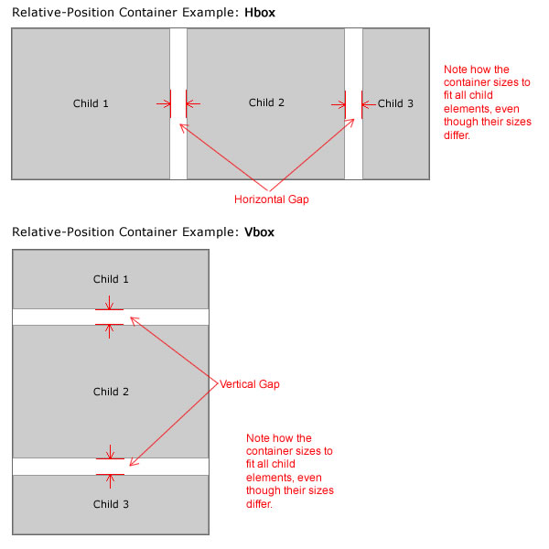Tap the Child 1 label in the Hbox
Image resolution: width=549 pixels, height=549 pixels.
pos(91,103)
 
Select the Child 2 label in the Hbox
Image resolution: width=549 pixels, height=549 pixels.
pos(266,102)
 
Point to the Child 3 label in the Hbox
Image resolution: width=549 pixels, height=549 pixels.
pos(395,103)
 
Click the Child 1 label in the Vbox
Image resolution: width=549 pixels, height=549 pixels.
pos(111,279)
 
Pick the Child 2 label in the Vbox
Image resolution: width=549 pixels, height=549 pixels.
pos(111,392)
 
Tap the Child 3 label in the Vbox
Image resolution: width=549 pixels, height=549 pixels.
pos(111,504)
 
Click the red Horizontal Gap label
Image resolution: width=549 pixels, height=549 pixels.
pos(272,199)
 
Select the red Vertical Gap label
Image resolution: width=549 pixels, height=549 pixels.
pos(250,384)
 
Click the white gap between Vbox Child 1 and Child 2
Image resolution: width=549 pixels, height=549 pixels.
pos(55,317)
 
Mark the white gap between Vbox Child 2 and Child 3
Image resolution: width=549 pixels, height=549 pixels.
pos(55,466)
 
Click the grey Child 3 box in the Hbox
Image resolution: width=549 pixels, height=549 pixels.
pos(395,146)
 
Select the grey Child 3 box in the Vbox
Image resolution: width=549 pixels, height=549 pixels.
pos(55,512)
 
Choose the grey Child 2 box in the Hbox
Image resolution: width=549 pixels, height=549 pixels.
pos(265,146)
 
